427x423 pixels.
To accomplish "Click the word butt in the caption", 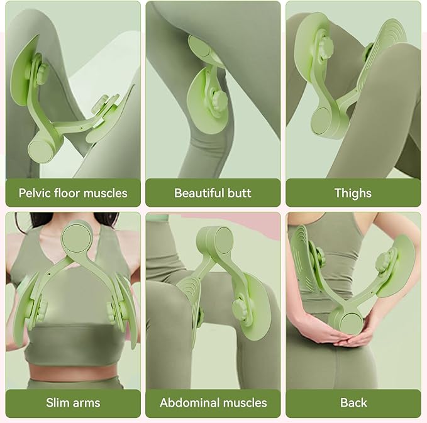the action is [x=240, y=193].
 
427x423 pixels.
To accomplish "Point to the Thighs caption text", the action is [x=353, y=194].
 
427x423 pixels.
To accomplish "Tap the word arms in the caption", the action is [x=84, y=403].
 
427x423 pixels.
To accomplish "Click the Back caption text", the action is [x=353, y=403].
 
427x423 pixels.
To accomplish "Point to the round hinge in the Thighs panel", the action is [x=322, y=121].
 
